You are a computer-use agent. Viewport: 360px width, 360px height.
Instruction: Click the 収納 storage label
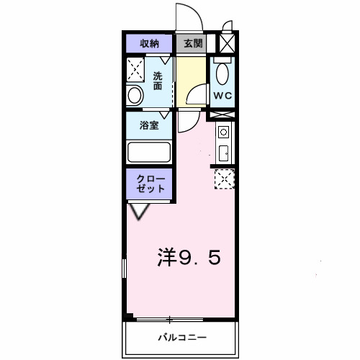[149, 44]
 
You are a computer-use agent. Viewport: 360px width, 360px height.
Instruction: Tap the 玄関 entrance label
[192, 44]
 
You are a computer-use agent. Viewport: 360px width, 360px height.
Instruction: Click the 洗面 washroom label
[158, 80]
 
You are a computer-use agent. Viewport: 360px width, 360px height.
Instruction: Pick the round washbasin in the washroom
[135, 95]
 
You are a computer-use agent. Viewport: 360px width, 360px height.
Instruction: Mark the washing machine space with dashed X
[136, 71]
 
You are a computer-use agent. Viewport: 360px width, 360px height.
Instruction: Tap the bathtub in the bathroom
[149, 153]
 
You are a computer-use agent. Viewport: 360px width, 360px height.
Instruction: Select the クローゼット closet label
[149, 183]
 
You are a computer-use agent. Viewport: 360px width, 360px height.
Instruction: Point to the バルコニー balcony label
[182, 337]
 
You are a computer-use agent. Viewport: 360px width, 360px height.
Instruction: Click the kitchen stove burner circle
[223, 132]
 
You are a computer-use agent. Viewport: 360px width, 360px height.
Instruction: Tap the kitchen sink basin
[223, 153]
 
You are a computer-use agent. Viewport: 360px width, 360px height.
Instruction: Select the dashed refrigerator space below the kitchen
[225, 178]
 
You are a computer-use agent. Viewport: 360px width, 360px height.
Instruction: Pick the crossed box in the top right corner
[227, 43]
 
